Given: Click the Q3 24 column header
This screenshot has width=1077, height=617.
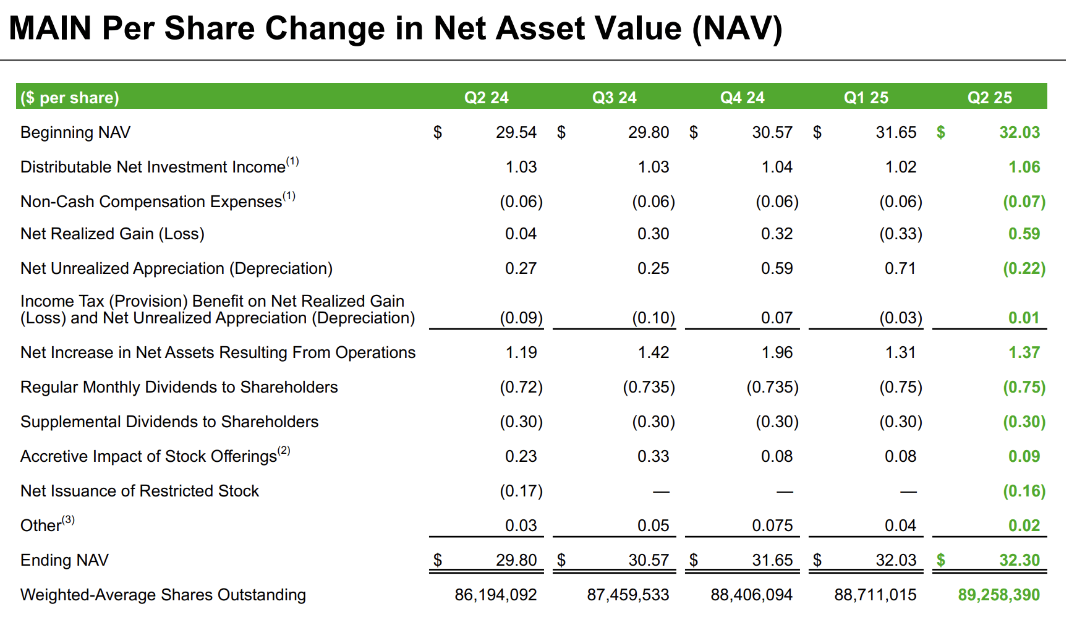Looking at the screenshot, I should point(614,98).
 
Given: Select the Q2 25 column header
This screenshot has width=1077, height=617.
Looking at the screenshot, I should point(989,98).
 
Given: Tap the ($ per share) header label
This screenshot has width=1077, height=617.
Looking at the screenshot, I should point(69,98).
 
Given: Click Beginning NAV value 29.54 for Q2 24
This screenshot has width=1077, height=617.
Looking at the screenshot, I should point(516,132).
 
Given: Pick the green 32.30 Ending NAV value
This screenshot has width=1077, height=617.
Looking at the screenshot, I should point(1019,560).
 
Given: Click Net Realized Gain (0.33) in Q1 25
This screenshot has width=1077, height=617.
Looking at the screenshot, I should point(900,234).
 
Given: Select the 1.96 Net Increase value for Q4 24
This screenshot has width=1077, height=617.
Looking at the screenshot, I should point(777,352).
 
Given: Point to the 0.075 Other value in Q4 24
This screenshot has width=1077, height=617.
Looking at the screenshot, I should point(772,526).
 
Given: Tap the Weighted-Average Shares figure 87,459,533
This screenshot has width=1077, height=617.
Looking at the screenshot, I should point(628,595).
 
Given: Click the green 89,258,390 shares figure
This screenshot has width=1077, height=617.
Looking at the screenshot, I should point(998,595).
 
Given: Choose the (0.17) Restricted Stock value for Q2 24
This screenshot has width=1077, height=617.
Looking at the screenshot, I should point(521,491).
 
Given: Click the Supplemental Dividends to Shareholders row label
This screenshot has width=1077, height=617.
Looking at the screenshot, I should point(169,422).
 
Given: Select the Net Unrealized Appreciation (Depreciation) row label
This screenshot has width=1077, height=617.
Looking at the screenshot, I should point(176,268).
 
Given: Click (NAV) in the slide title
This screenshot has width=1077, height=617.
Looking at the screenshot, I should point(737,28).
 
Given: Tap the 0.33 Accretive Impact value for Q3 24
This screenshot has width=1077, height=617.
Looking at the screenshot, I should point(653,456).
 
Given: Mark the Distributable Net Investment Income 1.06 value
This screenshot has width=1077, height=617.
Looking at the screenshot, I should point(1024,167).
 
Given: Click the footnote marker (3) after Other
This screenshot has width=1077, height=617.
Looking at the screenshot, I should point(68,520).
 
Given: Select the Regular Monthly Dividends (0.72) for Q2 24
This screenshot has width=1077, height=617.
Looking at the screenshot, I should point(521,387).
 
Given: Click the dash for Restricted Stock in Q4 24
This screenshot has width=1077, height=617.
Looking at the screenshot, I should point(785,491).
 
